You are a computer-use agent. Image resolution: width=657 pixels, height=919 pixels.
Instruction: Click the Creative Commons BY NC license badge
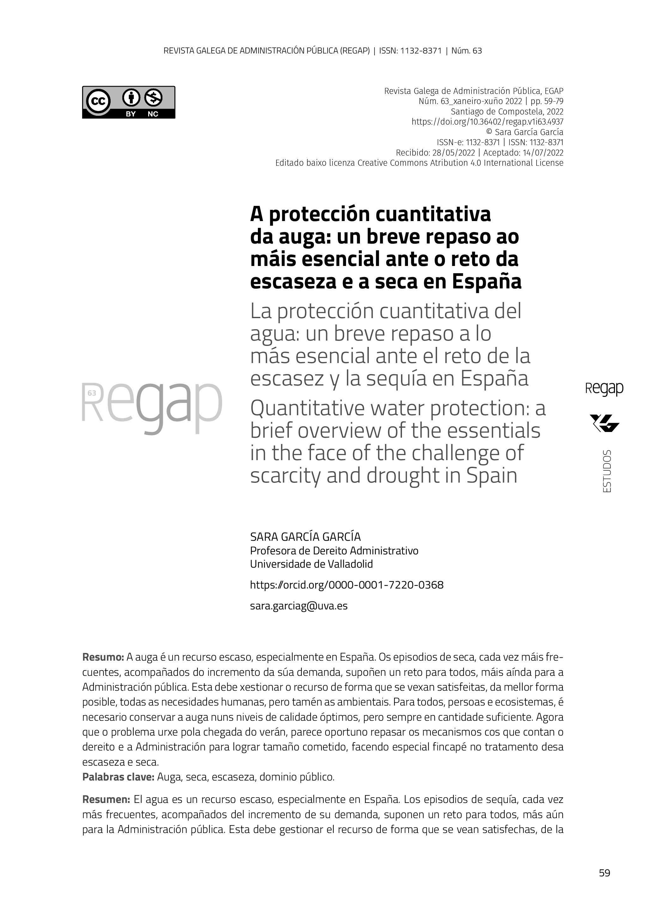tap(129, 102)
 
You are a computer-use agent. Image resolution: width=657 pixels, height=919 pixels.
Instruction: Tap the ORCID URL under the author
tap(347, 585)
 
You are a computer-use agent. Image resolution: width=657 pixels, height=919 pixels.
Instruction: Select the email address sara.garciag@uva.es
tap(299, 606)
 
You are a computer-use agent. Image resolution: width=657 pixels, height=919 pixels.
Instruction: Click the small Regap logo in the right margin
tap(604, 389)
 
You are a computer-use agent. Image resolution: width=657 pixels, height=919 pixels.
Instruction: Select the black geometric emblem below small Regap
tap(604, 423)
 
